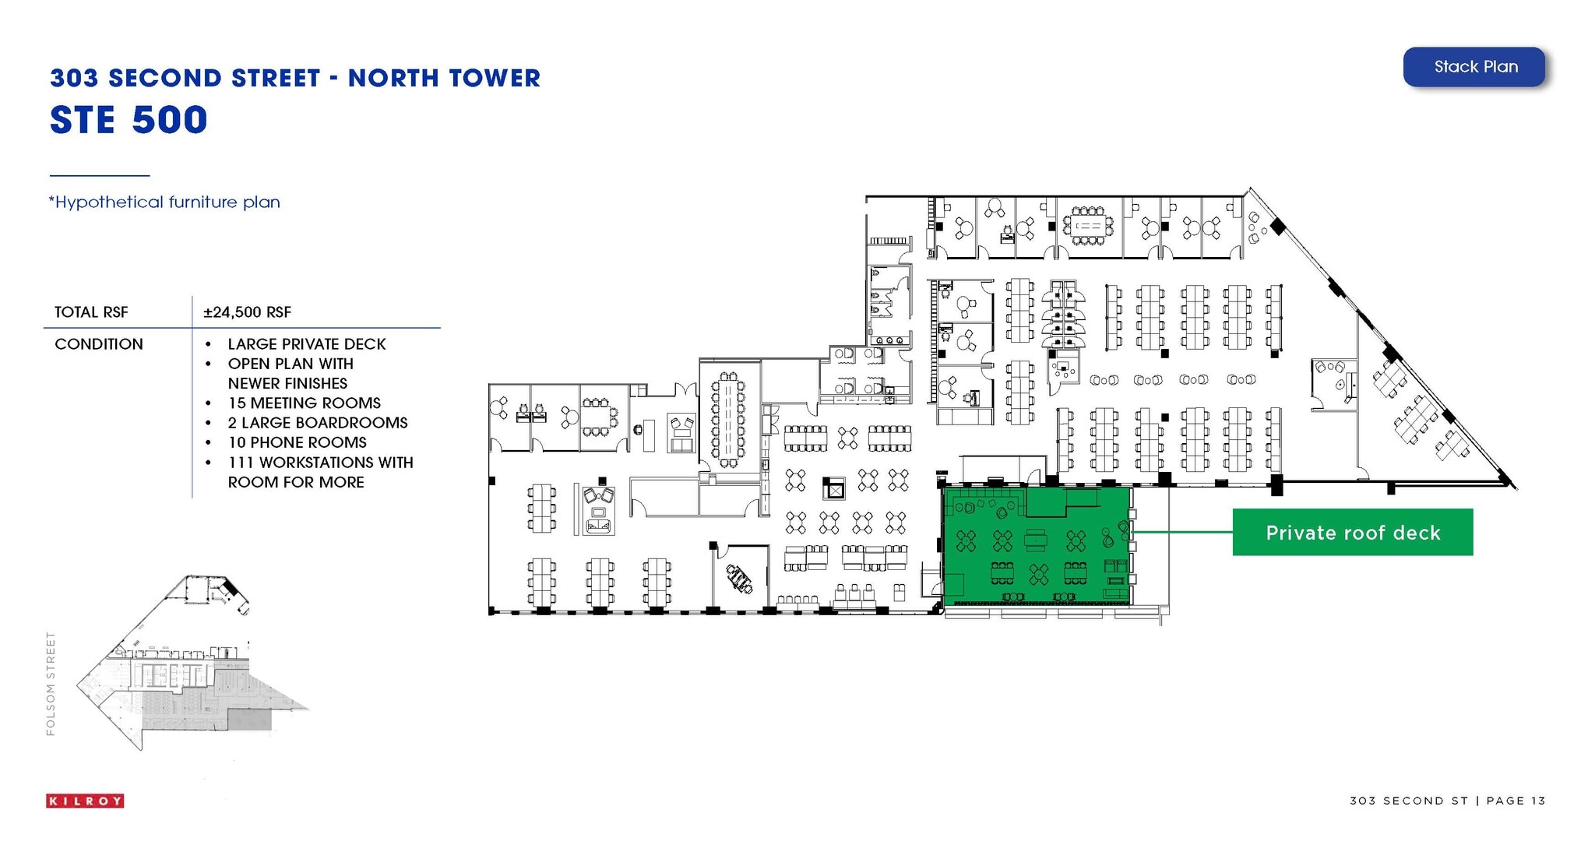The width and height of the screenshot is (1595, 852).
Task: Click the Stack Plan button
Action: coord(1474,67)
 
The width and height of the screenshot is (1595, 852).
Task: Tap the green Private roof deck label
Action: coord(1352,533)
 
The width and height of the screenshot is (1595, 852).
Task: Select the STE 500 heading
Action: coord(129,120)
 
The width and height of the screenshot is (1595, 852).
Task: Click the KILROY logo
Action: coord(85,801)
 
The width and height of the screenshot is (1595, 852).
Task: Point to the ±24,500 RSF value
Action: coord(247,312)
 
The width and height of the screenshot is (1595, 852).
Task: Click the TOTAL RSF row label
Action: coord(91,312)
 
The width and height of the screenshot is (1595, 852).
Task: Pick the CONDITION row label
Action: coord(99,344)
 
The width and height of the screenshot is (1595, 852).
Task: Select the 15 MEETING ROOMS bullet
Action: coord(304,403)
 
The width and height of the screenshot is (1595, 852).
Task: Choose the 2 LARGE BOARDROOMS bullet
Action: coord(317,423)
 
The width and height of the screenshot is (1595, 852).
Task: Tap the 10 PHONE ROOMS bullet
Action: coord(297,442)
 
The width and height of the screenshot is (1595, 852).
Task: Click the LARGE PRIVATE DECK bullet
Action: coord(306,344)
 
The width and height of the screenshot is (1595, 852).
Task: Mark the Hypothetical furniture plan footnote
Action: coord(164,202)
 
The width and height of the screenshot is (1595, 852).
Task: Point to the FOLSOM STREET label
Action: coord(51,683)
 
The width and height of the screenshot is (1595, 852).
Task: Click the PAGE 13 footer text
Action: coord(1516,801)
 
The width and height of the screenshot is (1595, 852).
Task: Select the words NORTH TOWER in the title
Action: coord(444,79)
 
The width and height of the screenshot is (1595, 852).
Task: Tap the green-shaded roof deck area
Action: coord(1036,545)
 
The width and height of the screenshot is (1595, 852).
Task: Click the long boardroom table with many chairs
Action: coord(728,421)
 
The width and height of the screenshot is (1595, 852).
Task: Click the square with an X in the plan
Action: coord(834,490)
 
